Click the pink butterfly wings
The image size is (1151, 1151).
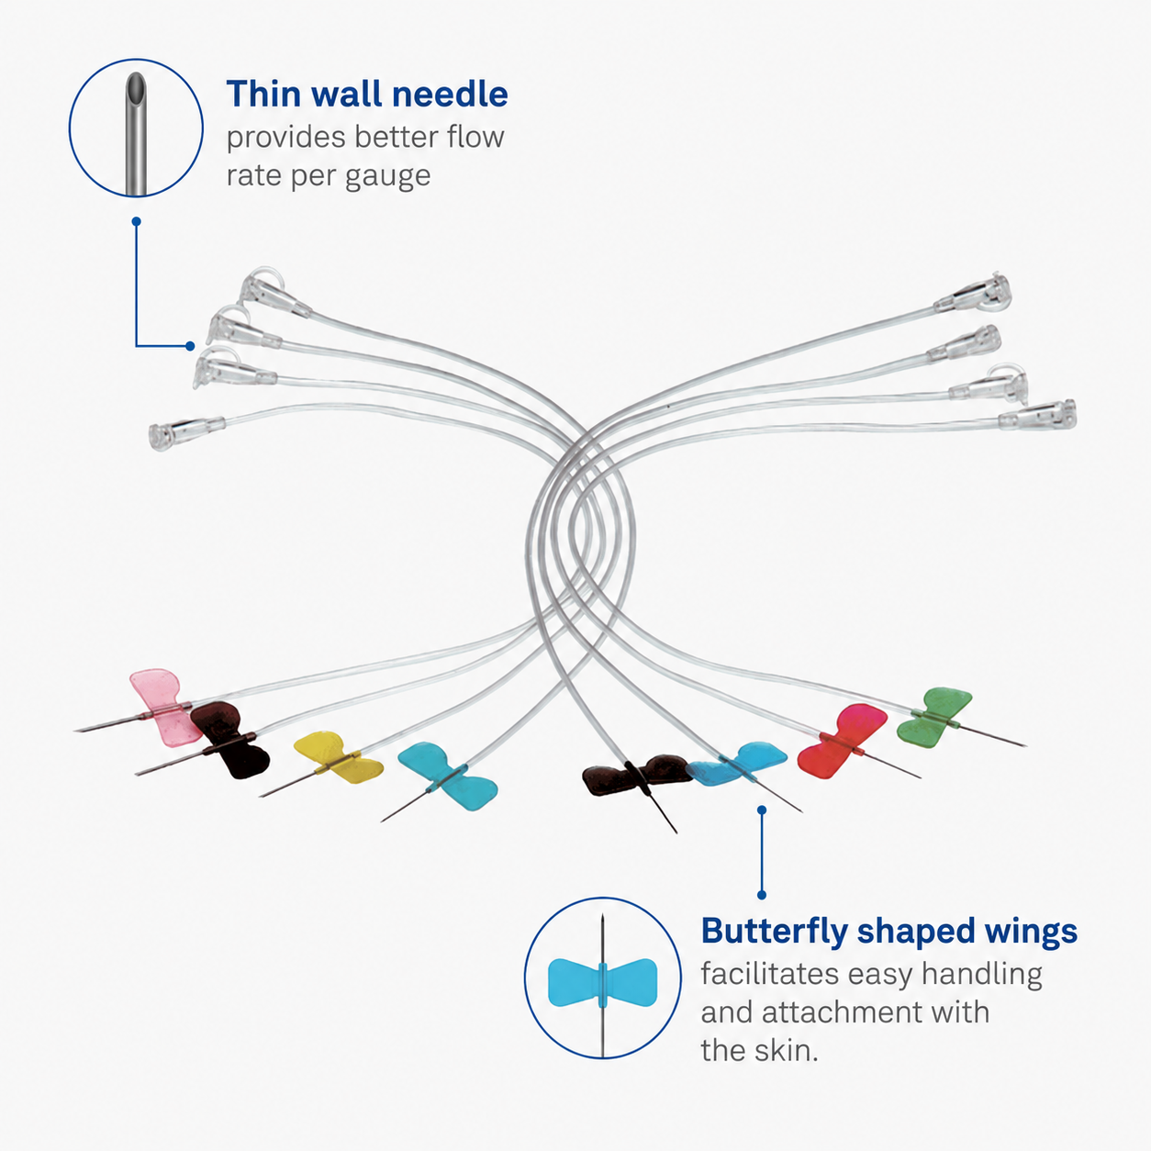(x=162, y=707)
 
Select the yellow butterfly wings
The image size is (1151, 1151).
(x=338, y=757)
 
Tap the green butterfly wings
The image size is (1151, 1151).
(x=933, y=717)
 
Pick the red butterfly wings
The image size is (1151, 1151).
(x=842, y=742)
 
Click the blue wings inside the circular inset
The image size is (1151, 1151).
(x=603, y=982)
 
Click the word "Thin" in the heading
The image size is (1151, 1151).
(x=263, y=94)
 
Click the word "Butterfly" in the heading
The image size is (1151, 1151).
(x=775, y=932)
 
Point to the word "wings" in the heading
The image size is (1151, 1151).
(x=1033, y=933)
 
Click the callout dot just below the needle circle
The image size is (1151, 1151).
(x=136, y=221)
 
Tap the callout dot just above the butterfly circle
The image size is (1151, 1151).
(x=762, y=811)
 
